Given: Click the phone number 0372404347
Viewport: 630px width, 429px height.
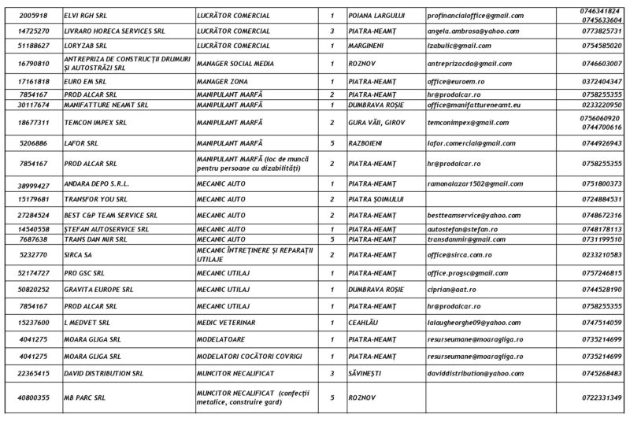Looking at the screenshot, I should click(599, 81).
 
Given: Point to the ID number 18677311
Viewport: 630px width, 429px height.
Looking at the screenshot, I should click(34, 122).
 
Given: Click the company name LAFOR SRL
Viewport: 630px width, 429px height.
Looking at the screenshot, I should click(81, 142).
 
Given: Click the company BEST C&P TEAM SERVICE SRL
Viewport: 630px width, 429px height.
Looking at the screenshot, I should click(110, 214).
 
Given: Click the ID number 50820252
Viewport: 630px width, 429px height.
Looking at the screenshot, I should click(34, 290).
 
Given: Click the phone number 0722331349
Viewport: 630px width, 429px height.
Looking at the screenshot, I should click(599, 398).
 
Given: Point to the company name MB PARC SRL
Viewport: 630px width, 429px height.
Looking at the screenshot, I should click(85, 398).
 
